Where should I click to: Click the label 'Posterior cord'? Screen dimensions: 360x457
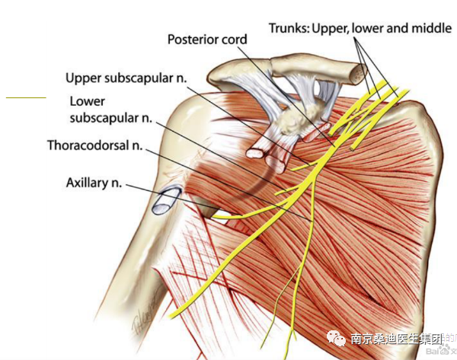click(206, 39)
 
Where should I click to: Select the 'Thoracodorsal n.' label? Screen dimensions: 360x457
click(95, 145)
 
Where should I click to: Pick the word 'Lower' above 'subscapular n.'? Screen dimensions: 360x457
click(87, 101)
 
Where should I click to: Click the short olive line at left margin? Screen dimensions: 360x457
click(26, 97)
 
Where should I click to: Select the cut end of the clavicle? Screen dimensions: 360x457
click(355, 72)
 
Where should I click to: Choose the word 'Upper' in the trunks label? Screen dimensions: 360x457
click(328, 28)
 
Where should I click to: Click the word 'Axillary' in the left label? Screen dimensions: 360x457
click(85, 183)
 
